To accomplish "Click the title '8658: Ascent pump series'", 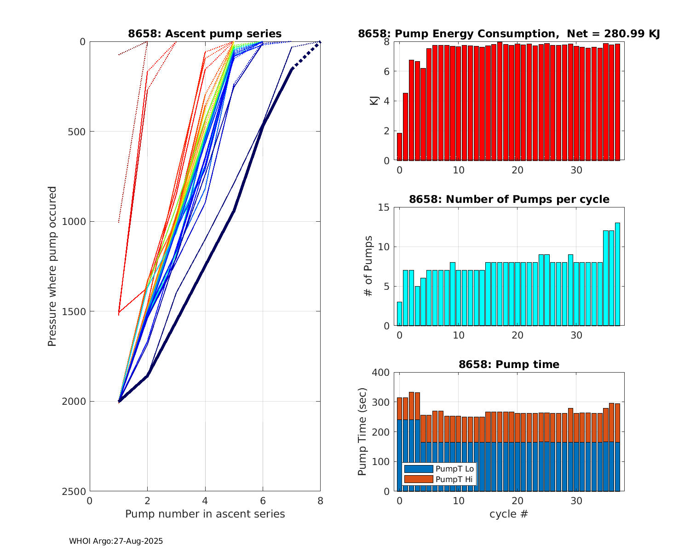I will [205, 34].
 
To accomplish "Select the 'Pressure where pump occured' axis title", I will [52, 266].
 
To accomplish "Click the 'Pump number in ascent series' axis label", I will [205, 514].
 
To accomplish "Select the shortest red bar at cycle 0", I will [399, 147].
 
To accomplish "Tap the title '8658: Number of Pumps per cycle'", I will [509, 199].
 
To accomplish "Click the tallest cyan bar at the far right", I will [617, 274].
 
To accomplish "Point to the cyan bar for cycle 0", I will [399, 314].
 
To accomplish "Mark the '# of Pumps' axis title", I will [368, 266].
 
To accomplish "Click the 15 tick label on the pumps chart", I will [384, 207].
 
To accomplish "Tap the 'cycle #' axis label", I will [509, 514].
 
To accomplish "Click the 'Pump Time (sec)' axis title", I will [362, 431].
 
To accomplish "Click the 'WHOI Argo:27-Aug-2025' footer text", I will [116, 541].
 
